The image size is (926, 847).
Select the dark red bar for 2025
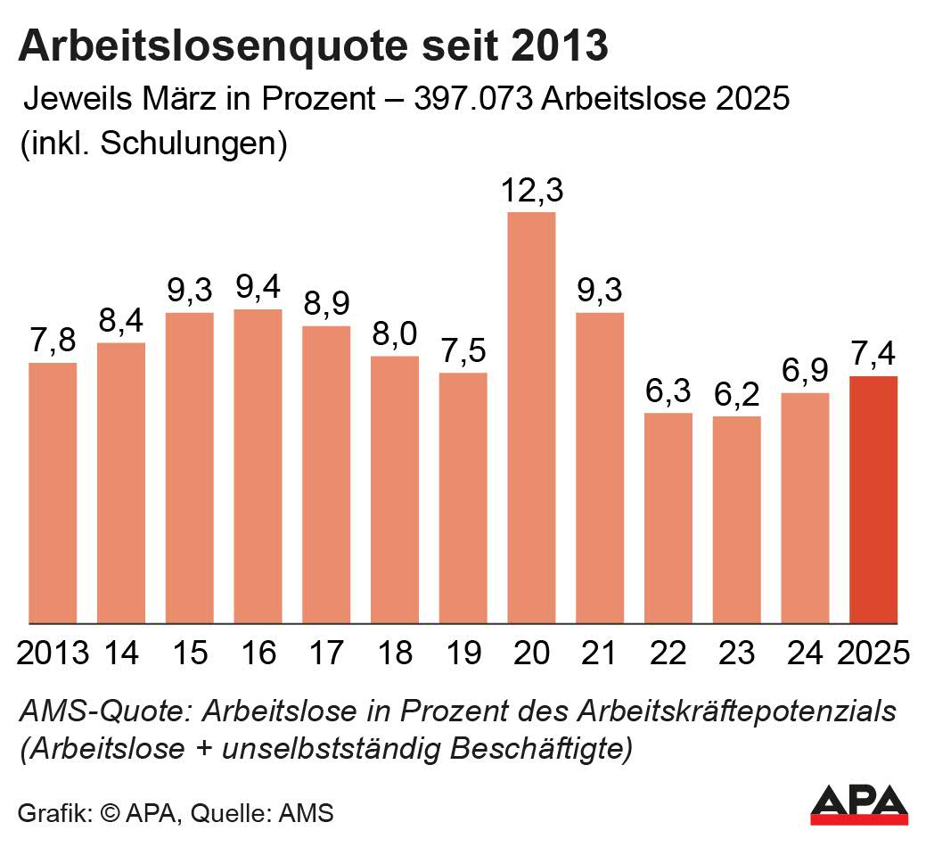(x=873, y=499)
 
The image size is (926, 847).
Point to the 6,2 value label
(x=737, y=396)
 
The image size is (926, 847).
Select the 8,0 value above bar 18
(x=395, y=336)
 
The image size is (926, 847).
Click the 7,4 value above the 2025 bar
(x=873, y=356)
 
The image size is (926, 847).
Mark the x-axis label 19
(x=463, y=653)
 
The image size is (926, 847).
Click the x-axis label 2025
(x=873, y=653)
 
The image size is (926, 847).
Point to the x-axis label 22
(x=668, y=653)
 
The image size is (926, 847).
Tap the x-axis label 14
(x=121, y=653)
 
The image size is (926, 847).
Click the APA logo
(x=859, y=804)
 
